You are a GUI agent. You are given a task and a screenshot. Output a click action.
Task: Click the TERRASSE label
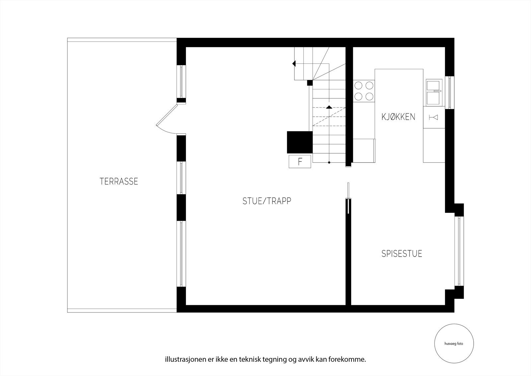tap(118, 182)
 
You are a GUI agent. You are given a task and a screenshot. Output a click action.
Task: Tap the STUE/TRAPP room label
tap(266, 201)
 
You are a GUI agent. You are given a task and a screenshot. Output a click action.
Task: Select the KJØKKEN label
tap(398, 117)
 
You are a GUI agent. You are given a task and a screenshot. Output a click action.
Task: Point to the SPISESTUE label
tap(402, 254)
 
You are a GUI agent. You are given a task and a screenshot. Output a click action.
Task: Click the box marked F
tap(300, 162)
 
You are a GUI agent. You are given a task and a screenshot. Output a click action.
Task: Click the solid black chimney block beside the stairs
tap(300, 142)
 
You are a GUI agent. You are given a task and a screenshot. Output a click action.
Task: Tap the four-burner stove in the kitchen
tap(364, 91)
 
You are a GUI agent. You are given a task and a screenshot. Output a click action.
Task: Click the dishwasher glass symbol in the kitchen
tap(433, 117)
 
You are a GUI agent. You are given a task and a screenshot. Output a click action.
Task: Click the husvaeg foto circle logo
tap(454, 344)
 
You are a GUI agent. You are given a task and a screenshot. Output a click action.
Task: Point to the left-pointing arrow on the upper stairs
tap(294, 63)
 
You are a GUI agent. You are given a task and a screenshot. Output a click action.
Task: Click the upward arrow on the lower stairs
tap(329, 107)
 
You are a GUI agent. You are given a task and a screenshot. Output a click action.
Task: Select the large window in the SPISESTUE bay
tap(459, 251)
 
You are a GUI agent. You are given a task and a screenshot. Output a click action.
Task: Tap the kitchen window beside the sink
tap(449, 92)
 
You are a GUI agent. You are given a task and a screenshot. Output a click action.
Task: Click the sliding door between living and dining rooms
tap(347, 199)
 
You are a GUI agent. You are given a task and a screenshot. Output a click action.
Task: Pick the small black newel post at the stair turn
tap(310, 82)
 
